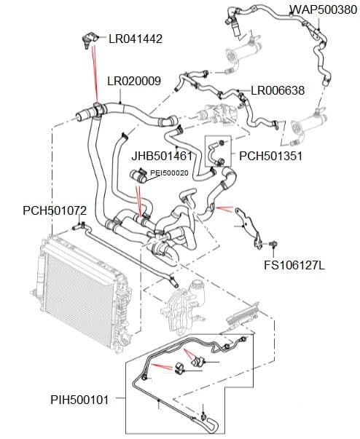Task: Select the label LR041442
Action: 135,38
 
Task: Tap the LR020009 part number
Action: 133,81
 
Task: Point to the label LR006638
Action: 278,91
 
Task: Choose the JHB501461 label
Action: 161,156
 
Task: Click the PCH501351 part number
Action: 270,156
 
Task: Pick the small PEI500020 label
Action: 169,173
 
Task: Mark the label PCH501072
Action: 55,210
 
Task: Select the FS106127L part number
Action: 294,264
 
